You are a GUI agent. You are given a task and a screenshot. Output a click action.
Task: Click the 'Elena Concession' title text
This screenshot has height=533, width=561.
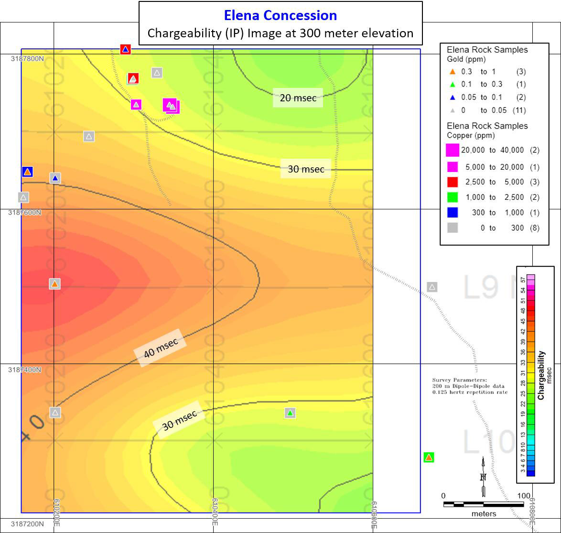280,15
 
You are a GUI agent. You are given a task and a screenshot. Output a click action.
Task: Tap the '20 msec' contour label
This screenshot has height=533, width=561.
298,98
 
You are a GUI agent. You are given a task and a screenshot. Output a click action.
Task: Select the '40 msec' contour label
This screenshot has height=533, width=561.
161,348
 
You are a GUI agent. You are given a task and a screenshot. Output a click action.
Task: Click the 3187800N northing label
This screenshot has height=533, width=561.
27,58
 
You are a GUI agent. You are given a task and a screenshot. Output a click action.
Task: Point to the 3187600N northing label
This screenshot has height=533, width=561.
25,212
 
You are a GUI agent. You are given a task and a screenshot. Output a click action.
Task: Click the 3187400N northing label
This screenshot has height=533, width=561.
25,370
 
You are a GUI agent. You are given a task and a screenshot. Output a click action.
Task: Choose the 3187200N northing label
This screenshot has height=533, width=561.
27,524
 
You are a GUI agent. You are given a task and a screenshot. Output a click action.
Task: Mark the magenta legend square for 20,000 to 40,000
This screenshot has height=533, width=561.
452,150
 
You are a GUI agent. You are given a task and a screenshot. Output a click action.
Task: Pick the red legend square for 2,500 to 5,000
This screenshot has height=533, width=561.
452,182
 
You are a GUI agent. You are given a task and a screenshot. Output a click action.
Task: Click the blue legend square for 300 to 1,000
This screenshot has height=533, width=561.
452,212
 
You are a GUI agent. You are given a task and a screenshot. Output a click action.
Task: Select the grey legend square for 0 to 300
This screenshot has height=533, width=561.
452,228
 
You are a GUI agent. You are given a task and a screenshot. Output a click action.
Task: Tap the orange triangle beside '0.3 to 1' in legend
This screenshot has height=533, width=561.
453,72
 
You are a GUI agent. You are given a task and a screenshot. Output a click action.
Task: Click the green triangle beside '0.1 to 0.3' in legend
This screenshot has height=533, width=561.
453,85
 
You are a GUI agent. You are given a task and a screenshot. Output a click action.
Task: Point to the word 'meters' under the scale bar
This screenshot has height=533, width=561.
484,514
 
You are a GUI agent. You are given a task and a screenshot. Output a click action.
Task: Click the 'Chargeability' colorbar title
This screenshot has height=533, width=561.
541,375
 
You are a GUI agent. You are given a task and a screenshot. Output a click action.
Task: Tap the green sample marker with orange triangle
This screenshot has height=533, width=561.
429,457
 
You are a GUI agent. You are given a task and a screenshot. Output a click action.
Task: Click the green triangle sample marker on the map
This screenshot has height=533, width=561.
290,413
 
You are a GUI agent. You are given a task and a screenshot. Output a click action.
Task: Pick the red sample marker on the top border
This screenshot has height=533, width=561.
125,49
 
